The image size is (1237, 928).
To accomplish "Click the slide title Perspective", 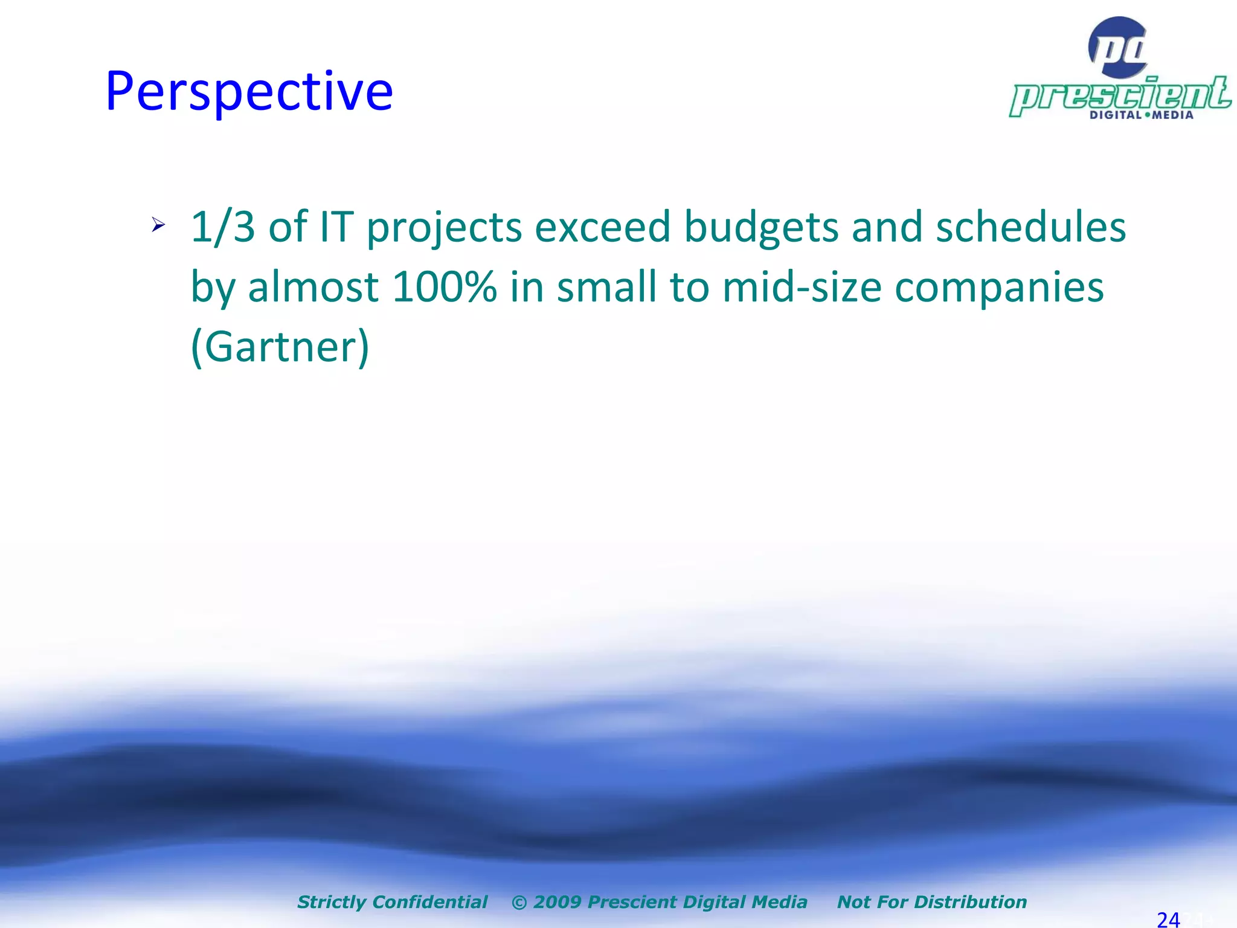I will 249,92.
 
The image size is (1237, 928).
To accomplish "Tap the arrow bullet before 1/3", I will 158,225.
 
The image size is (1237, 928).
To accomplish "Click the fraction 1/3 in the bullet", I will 223,227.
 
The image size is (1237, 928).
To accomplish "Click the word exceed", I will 602,227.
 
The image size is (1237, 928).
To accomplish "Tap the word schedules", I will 1030,227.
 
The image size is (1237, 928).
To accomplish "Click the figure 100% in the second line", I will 444,287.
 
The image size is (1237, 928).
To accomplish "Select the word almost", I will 313,287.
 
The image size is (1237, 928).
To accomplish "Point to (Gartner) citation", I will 280,347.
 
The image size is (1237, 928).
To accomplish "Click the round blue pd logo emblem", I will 1117,47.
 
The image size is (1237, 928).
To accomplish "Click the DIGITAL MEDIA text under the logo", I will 1141,115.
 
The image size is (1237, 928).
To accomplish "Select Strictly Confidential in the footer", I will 392,902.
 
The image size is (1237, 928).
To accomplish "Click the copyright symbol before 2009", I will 519,903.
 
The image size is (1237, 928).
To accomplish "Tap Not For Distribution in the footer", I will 931,902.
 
